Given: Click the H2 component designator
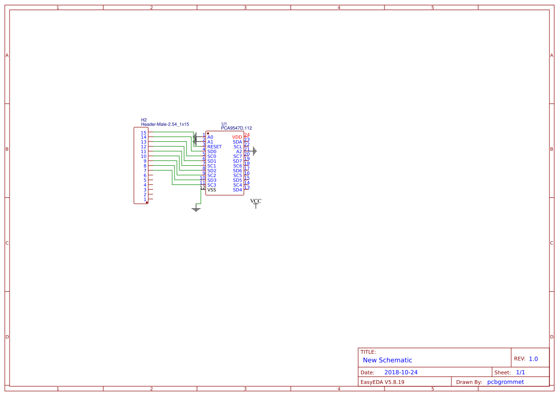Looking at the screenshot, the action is [143, 120].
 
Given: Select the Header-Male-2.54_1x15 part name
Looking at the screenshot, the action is [165, 124].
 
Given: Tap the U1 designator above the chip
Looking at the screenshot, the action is [224, 124].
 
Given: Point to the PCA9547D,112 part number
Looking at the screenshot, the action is [236, 128].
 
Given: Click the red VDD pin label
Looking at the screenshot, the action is [237, 137].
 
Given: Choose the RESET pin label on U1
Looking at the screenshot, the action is [214, 147].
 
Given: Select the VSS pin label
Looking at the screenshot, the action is [212, 190].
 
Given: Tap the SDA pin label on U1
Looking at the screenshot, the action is [238, 142].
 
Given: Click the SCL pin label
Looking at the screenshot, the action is [238, 147].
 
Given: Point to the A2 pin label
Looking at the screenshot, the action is [239, 152].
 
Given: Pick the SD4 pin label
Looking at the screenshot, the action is [238, 190].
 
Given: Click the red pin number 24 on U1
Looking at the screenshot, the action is [247, 135].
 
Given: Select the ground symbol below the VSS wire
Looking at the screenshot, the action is [196, 209].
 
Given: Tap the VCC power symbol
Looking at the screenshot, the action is [256, 203].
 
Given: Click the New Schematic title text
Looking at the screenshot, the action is [387, 360].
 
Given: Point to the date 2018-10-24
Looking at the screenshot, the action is [401, 373].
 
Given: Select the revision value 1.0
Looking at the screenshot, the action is [533, 359].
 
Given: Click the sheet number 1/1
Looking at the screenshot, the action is [520, 373].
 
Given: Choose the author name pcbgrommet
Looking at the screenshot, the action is [505, 382].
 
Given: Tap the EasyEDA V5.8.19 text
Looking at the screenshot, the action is [382, 382].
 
